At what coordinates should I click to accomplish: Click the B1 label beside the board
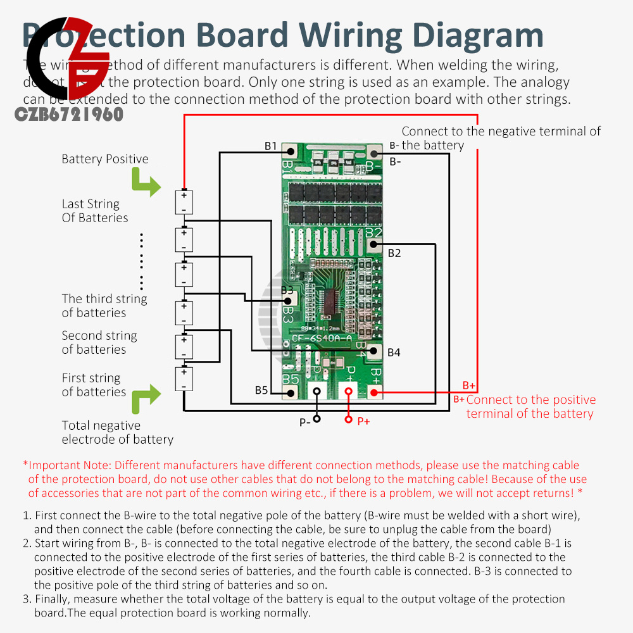click(270, 146)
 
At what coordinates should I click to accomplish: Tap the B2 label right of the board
click(394, 253)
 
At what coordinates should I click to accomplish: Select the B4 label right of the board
click(394, 352)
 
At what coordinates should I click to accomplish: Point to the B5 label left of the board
click(261, 390)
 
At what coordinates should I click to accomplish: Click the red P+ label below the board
click(363, 421)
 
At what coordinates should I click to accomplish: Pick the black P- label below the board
click(305, 421)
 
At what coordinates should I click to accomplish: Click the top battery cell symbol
click(184, 203)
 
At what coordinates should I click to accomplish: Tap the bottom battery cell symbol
click(184, 379)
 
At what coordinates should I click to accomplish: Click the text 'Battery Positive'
click(105, 159)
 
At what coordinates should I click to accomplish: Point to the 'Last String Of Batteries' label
click(94, 211)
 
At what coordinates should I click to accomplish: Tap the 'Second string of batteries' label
click(99, 342)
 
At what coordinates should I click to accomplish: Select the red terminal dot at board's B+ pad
click(373, 393)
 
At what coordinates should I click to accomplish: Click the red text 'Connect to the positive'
click(531, 399)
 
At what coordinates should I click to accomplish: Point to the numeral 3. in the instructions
click(27, 599)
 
